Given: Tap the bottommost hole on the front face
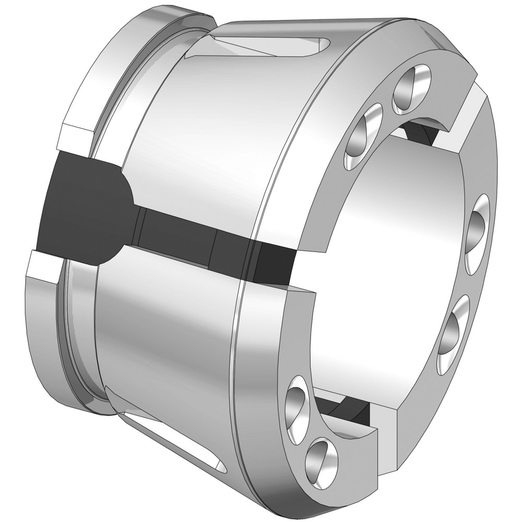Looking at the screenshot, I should coord(321,456).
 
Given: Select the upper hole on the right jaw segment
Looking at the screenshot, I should coord(477,234).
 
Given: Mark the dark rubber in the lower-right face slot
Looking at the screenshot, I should coord(347,410).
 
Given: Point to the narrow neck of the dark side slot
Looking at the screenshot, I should coord(177,230).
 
